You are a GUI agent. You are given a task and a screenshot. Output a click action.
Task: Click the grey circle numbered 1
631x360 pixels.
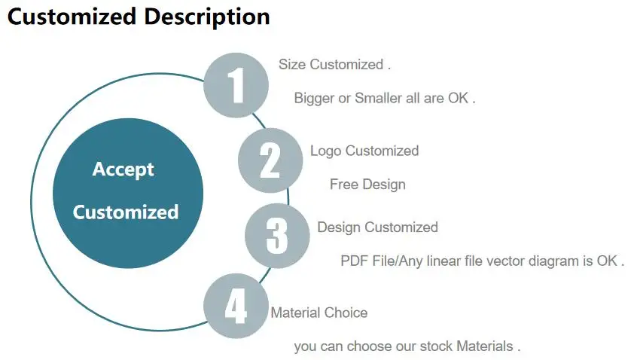pos(236,85)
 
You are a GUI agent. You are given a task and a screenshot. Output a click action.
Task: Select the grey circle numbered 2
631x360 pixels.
pos(270,160)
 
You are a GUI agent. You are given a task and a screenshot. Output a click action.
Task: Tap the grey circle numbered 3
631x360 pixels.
pos(277,236)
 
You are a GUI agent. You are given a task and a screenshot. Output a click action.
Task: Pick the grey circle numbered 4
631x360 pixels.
pos(236,306)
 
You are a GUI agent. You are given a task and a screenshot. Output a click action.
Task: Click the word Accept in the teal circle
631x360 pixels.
pos(123,169)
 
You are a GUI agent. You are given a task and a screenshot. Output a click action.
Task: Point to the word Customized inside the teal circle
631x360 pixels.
pos(126,212)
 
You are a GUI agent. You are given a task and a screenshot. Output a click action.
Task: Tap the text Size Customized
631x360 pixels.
pos(332,65)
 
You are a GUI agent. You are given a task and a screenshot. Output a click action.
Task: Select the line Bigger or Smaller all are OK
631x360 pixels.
pos(383,98)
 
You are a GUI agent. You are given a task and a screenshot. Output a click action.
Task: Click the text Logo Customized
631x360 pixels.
pos(364,151)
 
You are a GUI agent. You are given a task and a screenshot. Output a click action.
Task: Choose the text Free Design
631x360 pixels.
pos(367,185)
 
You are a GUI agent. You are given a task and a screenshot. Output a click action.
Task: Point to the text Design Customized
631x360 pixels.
pos(377,227)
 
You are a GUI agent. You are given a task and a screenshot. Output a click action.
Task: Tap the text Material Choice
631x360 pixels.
pos(319,313)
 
